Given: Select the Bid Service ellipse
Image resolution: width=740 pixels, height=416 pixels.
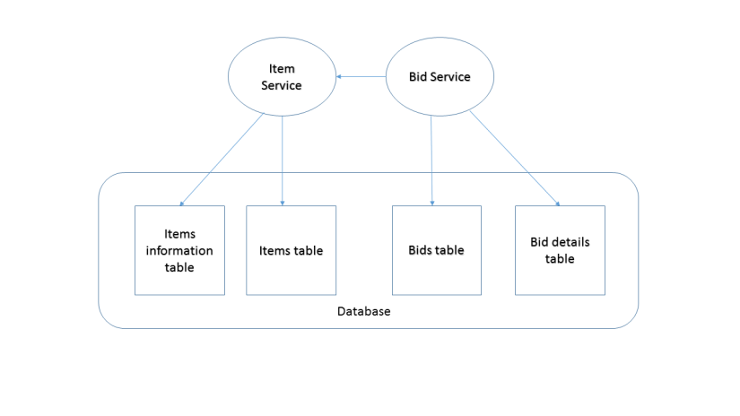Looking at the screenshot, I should pyautogui.click(x=440, y=77).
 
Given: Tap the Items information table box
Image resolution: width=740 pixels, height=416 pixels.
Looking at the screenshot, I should pyautogui.click(x=179, y=250).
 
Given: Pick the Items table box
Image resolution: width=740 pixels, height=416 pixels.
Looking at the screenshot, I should pyautogui.click(x=291, y=250).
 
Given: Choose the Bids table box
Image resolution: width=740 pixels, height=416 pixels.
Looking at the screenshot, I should pyautogui.click(x=436, y=250).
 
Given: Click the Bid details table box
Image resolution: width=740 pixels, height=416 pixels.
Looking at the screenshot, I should pyautogui.click(x=560, y=250).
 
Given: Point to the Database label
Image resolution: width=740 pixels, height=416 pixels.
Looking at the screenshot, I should pyautogui.click(x=363, y=311).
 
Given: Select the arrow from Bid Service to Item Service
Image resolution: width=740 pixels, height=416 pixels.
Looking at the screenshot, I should pyautogui.click(x=361, y=77).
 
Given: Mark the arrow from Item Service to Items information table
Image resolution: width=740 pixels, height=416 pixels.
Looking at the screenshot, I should pyautogui.click(x=222, y=160).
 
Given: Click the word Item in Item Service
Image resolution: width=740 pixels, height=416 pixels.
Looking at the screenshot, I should pyautogui.click(x=282, y=69).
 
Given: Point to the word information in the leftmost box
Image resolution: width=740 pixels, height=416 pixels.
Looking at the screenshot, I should pyautogui.click(x=179, y=250).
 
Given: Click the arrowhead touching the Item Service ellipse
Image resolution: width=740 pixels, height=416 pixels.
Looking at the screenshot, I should pyautogui.click(x=340, y=77).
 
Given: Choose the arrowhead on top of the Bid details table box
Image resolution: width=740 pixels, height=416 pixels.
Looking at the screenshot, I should pyautogui.click(x=557, y=203).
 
